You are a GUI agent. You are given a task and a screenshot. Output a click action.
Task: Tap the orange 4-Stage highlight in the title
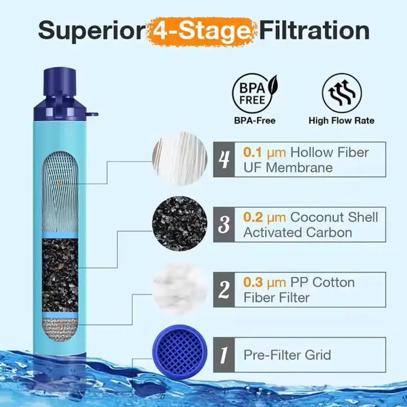(201, 32)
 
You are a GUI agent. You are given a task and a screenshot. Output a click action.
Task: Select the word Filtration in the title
(314, 30)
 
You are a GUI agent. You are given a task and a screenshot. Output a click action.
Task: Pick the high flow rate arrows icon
(341, 93)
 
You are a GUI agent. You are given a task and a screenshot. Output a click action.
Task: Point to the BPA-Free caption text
(255, 121)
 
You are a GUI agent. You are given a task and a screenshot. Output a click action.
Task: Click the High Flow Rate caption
(341, 121)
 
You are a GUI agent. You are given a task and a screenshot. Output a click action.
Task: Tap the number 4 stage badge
(224, 159)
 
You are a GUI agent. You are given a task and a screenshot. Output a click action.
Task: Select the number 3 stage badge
(224, 224)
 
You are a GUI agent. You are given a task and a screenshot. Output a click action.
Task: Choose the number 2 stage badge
(224, 289)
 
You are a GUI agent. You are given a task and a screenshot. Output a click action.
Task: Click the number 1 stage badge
(224, 355)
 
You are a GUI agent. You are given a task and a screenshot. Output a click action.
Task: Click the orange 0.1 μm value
(265, 153)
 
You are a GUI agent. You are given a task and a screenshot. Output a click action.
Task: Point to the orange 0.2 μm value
(265, 218)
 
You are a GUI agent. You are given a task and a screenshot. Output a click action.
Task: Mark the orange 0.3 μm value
(265, 283)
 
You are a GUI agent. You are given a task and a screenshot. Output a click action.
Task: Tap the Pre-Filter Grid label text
(287, 355)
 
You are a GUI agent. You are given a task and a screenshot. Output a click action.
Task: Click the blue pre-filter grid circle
(180, 352)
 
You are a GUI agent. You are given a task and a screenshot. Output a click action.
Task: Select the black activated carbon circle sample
(180, 224)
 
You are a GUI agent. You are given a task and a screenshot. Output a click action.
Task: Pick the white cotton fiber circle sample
(180, 289)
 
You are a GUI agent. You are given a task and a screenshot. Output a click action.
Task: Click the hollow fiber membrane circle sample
(180, 159)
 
